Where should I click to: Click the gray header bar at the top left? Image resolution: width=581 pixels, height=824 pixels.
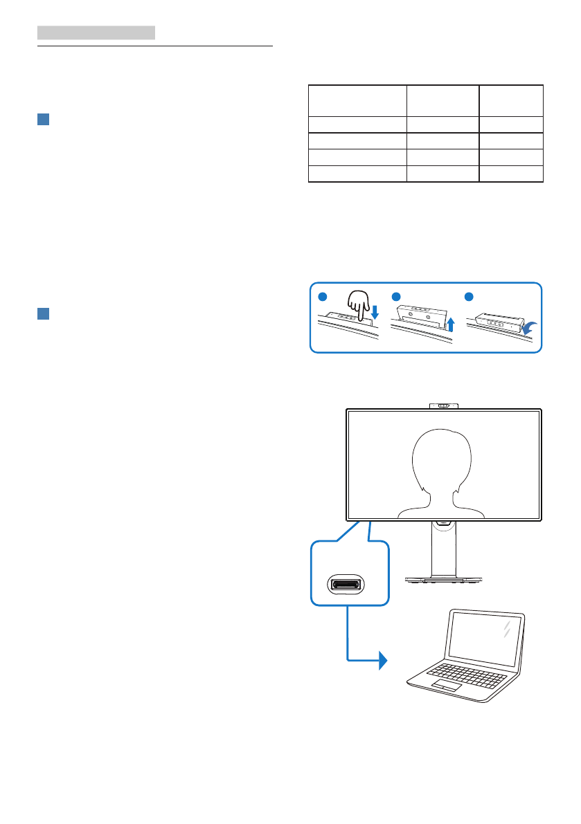tap(96, 33)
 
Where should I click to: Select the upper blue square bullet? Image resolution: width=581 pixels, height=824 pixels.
tap(43, 119)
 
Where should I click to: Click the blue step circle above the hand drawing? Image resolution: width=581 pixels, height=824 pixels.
tap(323, 295)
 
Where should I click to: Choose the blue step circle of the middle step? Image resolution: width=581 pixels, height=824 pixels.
tap(395, 295)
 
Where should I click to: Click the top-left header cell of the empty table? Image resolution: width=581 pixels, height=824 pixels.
tap(356, 100)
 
